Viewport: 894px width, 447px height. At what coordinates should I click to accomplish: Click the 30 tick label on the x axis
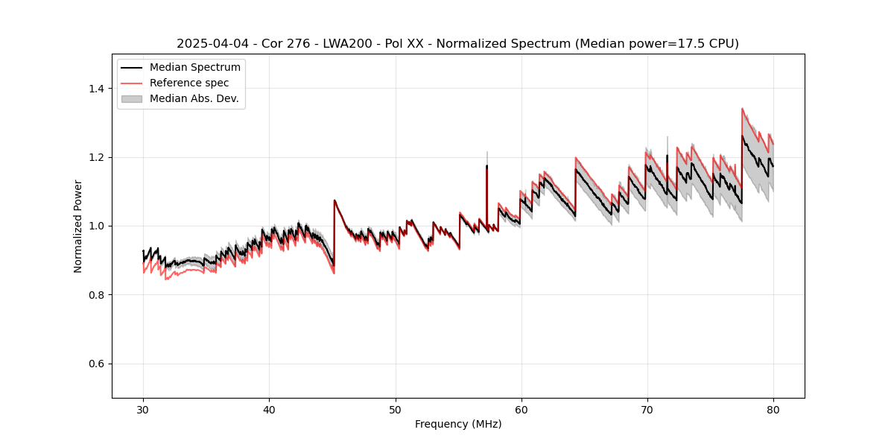click(143, 410)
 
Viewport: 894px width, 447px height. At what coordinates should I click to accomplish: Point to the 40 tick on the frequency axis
click(269, 410)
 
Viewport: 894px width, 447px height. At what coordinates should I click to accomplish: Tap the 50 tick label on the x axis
click(395, 410)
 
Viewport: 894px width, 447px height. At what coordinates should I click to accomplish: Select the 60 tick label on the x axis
click(521, 410)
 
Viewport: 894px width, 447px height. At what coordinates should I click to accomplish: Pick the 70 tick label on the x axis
click(647, 410)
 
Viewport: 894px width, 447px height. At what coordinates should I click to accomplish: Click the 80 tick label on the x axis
click(773, 410)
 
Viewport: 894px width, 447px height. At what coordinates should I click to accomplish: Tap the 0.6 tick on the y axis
click(98, 364)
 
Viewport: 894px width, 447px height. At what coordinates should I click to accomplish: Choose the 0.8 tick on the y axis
click(98, 295)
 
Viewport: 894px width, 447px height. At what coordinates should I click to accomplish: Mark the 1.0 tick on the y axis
click(98, 226)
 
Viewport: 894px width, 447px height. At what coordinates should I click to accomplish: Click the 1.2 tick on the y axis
click(98, 157)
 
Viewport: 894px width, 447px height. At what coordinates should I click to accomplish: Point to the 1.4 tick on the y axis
click(98, 89)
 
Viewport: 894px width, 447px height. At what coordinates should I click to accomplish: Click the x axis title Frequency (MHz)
click(458, 424)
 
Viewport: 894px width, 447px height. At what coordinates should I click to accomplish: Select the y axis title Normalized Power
click(78, 226)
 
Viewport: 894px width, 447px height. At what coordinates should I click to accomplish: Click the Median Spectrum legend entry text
click(194, 68)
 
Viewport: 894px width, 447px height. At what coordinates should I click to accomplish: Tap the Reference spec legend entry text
click(189, 83)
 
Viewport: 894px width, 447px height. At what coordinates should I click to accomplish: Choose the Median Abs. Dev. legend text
click(194, 98)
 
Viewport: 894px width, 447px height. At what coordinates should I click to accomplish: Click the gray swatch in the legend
click(131, 98)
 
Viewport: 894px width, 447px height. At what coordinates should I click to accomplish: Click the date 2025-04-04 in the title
click(211, 44)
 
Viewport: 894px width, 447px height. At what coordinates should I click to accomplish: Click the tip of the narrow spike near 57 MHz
click(487, 152)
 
